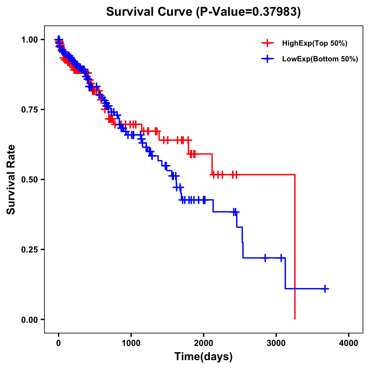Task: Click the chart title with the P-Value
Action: click(203, 12)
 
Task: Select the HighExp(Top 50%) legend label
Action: click(315, 43)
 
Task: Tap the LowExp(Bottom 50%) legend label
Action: click(320, 59)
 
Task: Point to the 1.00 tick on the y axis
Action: click(29, 39)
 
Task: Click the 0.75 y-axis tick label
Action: click(29, 109)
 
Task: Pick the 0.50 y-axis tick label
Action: click(29, 179)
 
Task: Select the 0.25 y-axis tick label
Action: click(29, 249)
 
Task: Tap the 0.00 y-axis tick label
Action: click(29, 319)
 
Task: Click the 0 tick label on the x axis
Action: click(59, 343)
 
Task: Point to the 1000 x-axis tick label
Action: click(131, 343)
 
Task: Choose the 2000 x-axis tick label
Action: click(203, 343)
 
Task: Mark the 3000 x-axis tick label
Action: click(276, 343)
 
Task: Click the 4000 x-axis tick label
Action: click(349, 343)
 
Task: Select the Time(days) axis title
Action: click(203, 357)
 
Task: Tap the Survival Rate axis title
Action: click(11, 179)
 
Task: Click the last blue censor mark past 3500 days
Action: click(325, 289)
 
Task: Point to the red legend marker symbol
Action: click(268, 43)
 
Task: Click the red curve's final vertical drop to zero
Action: click(295, 247)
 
